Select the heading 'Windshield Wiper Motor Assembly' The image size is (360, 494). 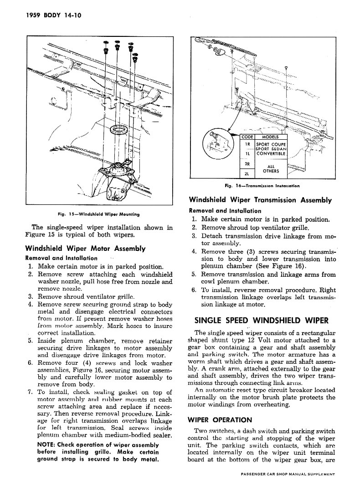pyautogui.click(x=85, y=249)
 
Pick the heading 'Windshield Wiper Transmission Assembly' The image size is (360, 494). pyautogui.click(x=260, y=200)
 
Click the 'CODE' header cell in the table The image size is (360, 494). pyautogui.click(x=247, y=137)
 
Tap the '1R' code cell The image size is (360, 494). pyautogui.click(x=247, y=144)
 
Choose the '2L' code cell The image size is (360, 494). pyautogui.click(x=247, y=173)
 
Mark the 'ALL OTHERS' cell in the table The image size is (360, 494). pyautogui.click(x=271, y=168)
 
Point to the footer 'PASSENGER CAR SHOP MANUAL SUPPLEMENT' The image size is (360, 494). pyautogui.click(x=288, y=487)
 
